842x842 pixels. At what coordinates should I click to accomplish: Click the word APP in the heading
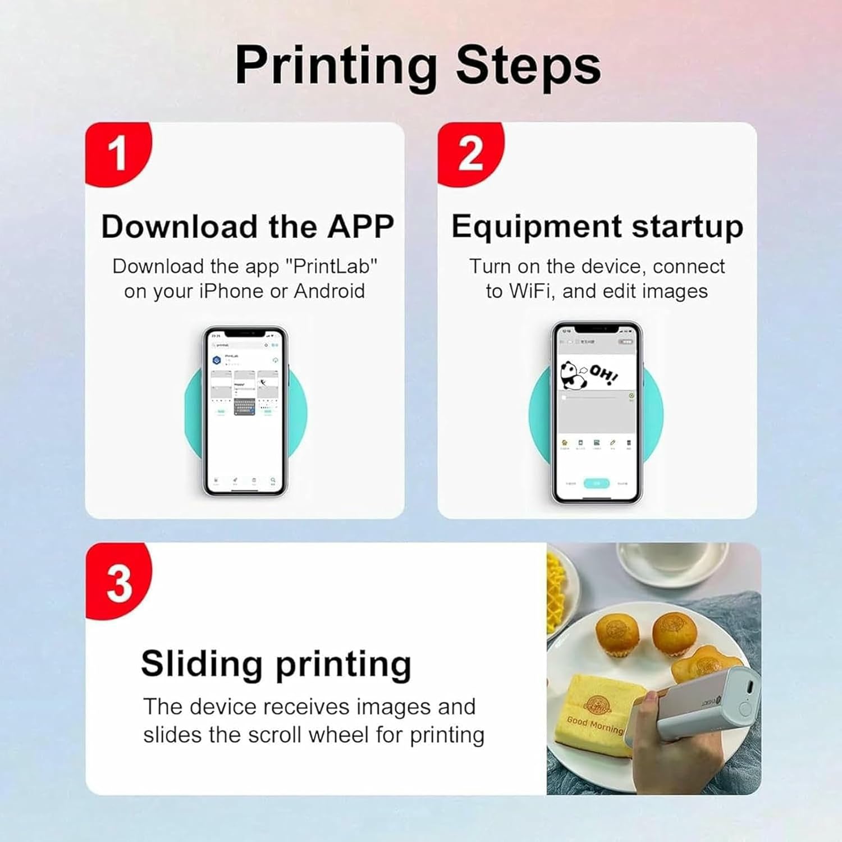coord(360,226)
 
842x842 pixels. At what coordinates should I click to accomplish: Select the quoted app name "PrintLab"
coord(332,266)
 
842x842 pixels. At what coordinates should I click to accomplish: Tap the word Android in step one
coord(330,291)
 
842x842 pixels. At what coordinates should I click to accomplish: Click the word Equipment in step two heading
coord(536,227)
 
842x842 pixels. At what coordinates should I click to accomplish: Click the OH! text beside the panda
coord(604,373)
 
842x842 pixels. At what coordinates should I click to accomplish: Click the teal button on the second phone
coord(596,483)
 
